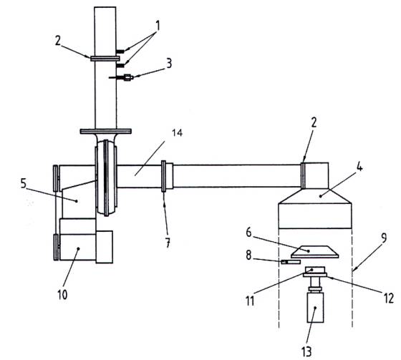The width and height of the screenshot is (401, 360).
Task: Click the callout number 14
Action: pyautogui.click(x=177, y=133)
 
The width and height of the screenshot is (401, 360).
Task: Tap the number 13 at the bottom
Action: pyautogui.click(x=306, y=351)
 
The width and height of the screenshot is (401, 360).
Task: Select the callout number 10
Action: pyautogui.click(x=62, y=295)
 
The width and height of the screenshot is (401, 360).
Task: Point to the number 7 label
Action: pyautogui.click(x=168, y=243)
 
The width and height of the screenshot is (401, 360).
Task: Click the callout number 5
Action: pyautogui.click(x=23, y=183)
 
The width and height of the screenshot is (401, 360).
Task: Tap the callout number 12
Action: pyautogui.click(x=389, y=298)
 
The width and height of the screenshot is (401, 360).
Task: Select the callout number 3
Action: pyautogui.click(x=169, y=64)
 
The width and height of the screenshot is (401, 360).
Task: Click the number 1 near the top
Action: pyautogui.click(x=158, y=26)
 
